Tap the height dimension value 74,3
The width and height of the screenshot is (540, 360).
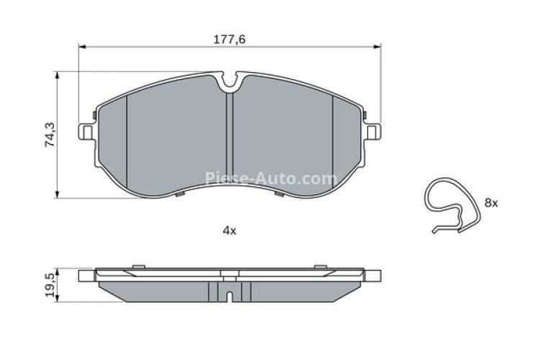click(50, 135)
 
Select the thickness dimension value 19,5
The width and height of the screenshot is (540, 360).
click(50, 286)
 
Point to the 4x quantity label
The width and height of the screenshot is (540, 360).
click(229, 230)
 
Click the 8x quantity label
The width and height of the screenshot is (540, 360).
click(490, 204)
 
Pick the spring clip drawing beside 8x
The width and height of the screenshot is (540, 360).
click(449, 204)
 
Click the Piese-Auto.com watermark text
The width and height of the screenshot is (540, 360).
click(270, 179)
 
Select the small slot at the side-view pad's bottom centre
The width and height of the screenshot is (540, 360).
click(228, 295)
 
